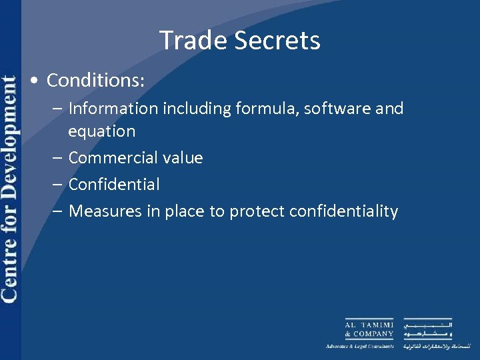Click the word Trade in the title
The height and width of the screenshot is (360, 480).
point(189,41)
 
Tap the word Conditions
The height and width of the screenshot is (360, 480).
point(94,81)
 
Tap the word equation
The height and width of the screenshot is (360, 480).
point(101,131)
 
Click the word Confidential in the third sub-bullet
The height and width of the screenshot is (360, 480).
point(114,185)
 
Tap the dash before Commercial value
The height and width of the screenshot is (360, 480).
point(58,158)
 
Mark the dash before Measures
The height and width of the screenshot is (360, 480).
point(58,211)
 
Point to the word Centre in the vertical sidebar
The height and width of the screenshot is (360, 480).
point(10,273)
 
